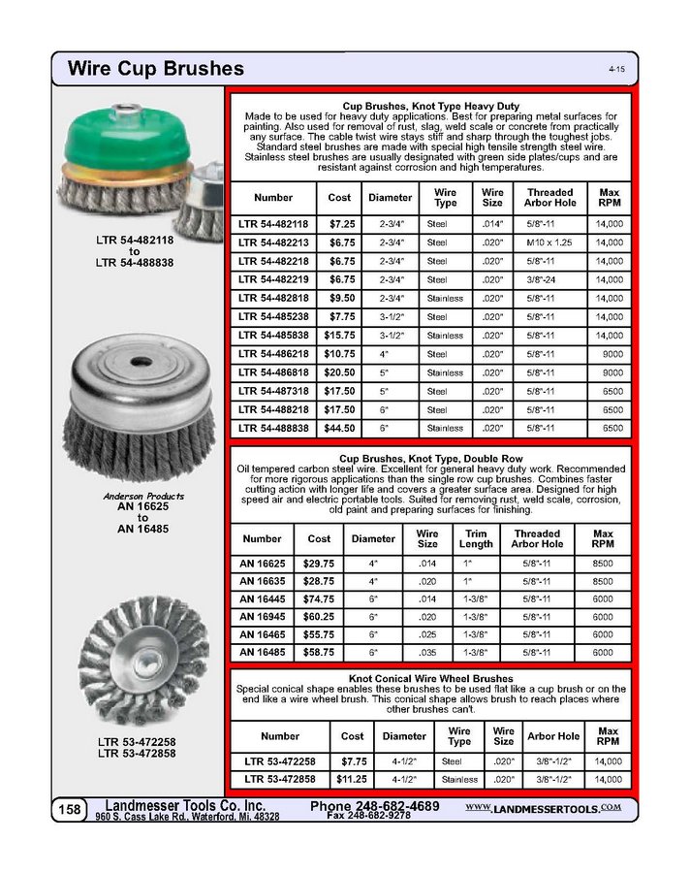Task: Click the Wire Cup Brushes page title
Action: click(155, 69)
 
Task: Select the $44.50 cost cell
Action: click(339, 428)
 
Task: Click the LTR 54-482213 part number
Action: click(273, 242)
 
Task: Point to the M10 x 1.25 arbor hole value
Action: click(550, 242)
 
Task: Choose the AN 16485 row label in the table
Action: click(262, 653)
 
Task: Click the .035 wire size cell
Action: click(427, 653)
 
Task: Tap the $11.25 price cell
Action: click(351, 779)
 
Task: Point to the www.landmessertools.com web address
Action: click(543, 807)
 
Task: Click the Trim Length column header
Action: click(476, 538)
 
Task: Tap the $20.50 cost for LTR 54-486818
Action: click(339, 372)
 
